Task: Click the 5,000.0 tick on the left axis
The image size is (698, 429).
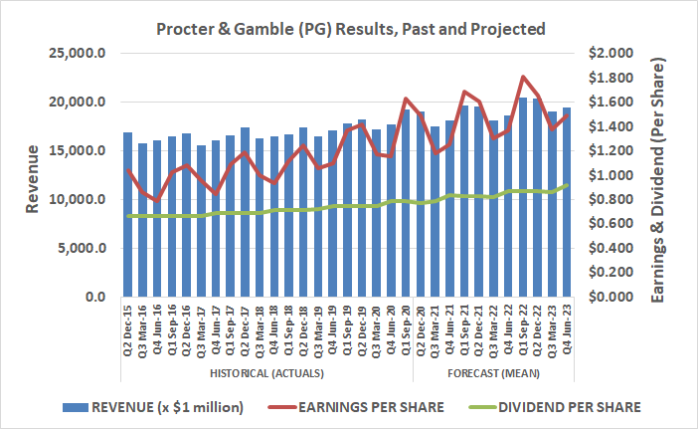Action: point(84,249)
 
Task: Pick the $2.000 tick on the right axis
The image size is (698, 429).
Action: point(612,54)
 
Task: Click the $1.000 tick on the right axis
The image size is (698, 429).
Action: point(612,175)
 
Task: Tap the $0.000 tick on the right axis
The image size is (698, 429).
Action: point(612,298)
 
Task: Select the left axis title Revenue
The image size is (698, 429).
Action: point(32,175)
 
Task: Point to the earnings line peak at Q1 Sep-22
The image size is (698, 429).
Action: point(522,77)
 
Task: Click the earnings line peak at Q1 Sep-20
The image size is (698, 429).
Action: point(406,99)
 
